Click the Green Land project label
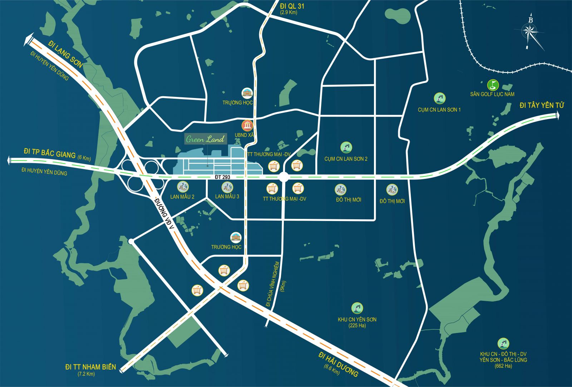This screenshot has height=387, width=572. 205,139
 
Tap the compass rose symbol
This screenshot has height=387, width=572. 530,32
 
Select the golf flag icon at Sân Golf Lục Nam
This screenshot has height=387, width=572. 493,85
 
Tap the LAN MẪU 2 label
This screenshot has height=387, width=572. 182,197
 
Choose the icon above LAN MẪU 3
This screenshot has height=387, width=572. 227,187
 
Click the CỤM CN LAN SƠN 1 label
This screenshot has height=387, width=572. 439,110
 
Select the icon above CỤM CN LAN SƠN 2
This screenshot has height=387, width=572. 346,147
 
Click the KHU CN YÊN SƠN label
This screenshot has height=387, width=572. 357,319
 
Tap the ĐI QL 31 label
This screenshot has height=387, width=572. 292,6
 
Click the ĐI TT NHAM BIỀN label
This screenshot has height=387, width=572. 90,367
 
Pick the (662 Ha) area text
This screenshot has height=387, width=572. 503,366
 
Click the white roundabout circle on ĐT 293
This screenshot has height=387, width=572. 284,177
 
